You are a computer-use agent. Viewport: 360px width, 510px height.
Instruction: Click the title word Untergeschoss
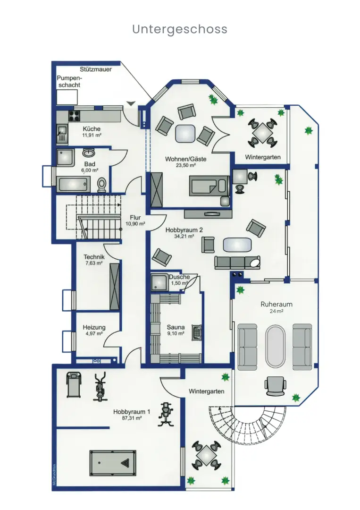pyautogui.click(x=180, y=29)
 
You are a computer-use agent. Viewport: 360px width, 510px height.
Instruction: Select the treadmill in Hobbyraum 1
pyautogui.click(x=74, y=384)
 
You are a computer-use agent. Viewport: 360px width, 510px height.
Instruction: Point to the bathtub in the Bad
pyautogui.click(x=73, y=184)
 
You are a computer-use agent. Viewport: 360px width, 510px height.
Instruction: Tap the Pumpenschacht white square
pyautogui.click(x=67, y=97)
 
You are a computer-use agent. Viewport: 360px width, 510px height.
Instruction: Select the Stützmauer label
pyautogui.click(x=95, y=69)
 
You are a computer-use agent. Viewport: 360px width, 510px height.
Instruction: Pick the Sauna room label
pyautogui.click(x=176, y=327)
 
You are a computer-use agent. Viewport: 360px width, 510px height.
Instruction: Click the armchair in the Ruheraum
pyautogui.click(x=276, y=385)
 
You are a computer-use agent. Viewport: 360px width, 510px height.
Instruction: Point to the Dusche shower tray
pyautogui.click(x=159, y=282)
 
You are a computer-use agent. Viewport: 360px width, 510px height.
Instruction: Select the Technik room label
pyautogui.click(x=94, y=256)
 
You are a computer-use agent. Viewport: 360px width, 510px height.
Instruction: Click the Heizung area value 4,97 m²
pyautogui.click(x=94, y=333)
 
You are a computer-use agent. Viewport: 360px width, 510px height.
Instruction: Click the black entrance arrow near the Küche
pyautogui.click(x=131, y=103)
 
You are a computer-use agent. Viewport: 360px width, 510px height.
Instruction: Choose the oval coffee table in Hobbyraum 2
pyautogui.click(x=237, y=245)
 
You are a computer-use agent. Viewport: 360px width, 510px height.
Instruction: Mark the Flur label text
pyautogui.click(x=135, y=218)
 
